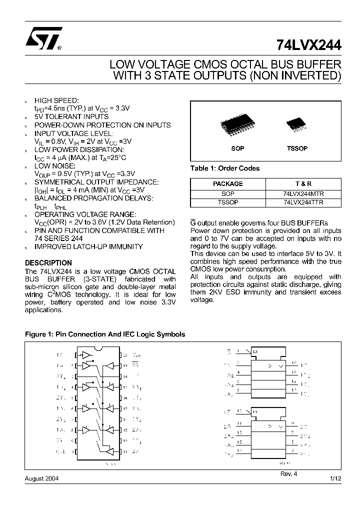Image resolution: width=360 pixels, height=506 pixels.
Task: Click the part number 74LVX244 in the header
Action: pos(308,45)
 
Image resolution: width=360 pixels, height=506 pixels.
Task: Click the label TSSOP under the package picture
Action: pos(297,148)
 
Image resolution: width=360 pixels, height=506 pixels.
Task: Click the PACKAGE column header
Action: pos(227,183)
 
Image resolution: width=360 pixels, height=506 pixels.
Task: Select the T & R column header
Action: pos(303,183)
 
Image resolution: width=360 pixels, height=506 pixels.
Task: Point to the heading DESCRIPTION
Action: pos(48,262)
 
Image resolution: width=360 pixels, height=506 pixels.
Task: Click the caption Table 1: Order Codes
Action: pos(225,168)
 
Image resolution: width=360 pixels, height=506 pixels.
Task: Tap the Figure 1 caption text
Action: pos(105,334)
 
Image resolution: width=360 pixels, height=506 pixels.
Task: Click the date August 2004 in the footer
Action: pos(41,478)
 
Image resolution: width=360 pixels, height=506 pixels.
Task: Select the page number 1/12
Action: pos(335,478)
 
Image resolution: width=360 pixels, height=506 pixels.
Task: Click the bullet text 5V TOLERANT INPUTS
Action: pos(71,116)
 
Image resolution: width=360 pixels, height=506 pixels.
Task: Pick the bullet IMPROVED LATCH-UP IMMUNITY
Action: pos(88,246)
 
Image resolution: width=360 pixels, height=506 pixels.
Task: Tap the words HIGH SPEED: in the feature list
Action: pos(56,100)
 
